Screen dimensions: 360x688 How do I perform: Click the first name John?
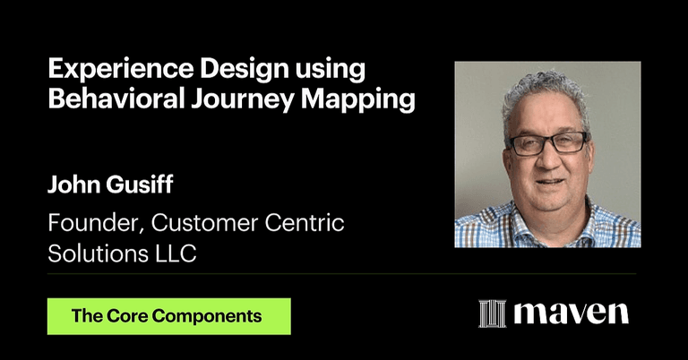click(72, 189)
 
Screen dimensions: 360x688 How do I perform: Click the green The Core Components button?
click(168, 316)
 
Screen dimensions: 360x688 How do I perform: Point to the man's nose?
click(549, 161)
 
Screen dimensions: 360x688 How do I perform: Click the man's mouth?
click(549, 183)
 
